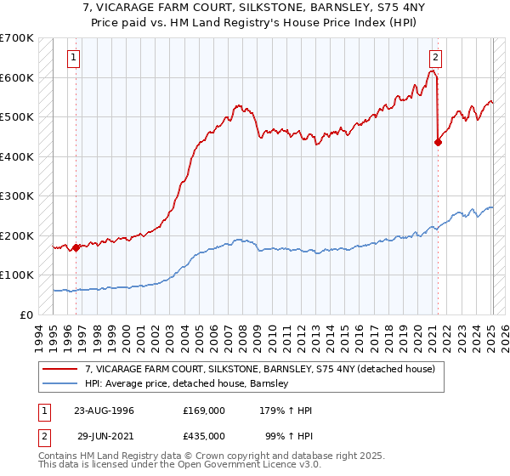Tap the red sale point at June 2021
click(438, 143)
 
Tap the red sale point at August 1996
click(76, 248)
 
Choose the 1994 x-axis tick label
click(38, 336)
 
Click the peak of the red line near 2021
click(433, 71)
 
